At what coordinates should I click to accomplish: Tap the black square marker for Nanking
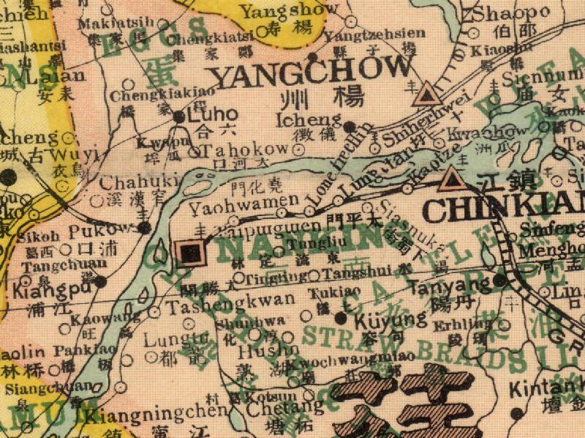(x=192, y=253)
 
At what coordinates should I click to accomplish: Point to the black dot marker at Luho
(x=179, y=116)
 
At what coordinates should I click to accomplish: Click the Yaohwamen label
(x=244, y=200)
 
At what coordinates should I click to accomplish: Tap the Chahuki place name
(x=129, y=182)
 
